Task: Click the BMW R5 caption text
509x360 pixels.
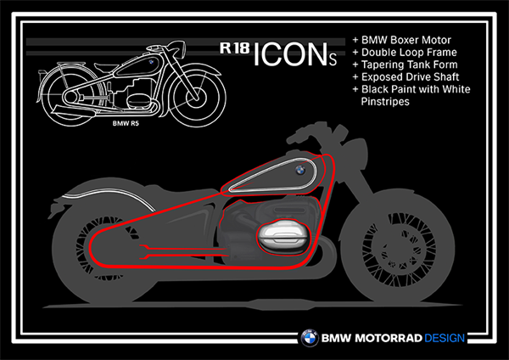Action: (126, 123)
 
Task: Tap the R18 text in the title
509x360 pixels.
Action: (235, 48)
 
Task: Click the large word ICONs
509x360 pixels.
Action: (294, 54)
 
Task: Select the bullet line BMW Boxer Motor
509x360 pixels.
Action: (402, 40)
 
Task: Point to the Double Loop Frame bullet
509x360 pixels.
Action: (405, 53)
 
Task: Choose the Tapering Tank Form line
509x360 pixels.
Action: (406, 65)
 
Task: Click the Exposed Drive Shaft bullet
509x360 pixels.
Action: (406, 77)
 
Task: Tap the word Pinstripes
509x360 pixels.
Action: (385, 102)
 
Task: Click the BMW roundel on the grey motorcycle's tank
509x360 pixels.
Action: (300, 170)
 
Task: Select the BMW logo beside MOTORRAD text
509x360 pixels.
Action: (310, 338)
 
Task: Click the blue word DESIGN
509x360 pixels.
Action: (445, 338)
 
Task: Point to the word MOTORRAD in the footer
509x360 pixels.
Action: (389, 338)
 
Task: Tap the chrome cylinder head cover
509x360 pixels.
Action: (283, 236)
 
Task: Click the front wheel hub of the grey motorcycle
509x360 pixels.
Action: (398, 250)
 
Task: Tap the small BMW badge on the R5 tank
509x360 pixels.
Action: (151, 62)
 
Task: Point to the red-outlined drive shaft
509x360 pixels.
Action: (183, 252)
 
